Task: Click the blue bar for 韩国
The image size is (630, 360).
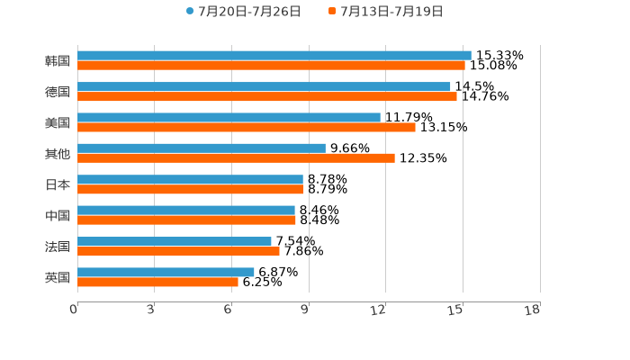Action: pyautogui.click(x=274, y=56)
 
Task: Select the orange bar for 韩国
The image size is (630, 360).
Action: pyautogui.click(x=271, y=66)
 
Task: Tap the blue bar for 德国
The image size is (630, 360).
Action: pyautogui.click(x=264, y=86)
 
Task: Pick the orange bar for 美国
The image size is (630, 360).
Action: pyautogui.click(x=247, y=128)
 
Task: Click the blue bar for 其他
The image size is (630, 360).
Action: pyautogui.click(x=202, y=148)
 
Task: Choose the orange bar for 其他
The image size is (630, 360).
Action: pyautogui.click(x=236, y=158)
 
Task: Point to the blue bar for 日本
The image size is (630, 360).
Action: pyautogui.click(x=190, y=179)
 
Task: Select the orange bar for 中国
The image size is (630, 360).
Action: pyautogui.click(x=186, y=220)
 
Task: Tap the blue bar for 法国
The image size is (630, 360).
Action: pyautogui.click(x=175, y=241)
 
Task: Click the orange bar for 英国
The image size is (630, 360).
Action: pyautogui.click(x=157, y=283)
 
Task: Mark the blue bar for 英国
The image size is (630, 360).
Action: pyautogui.click(x=166, y=272)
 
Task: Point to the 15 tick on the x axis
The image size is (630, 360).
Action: pyautogui.click(x=456, y=310)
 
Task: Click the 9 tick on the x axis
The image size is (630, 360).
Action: pyautogui.click(x=305, y=310)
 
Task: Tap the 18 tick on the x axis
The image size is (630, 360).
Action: pyautogui.click(x=533, y=310)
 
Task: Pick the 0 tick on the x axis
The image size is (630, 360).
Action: pyautogui.click(x=74, y=310)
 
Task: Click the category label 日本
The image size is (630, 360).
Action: pyautogui.click(x=58, y=184)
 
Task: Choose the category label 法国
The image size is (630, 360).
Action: pyautogui.click(x=58, y=247)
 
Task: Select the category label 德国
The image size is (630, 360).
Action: pyautogui.click(x=58, y=92)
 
